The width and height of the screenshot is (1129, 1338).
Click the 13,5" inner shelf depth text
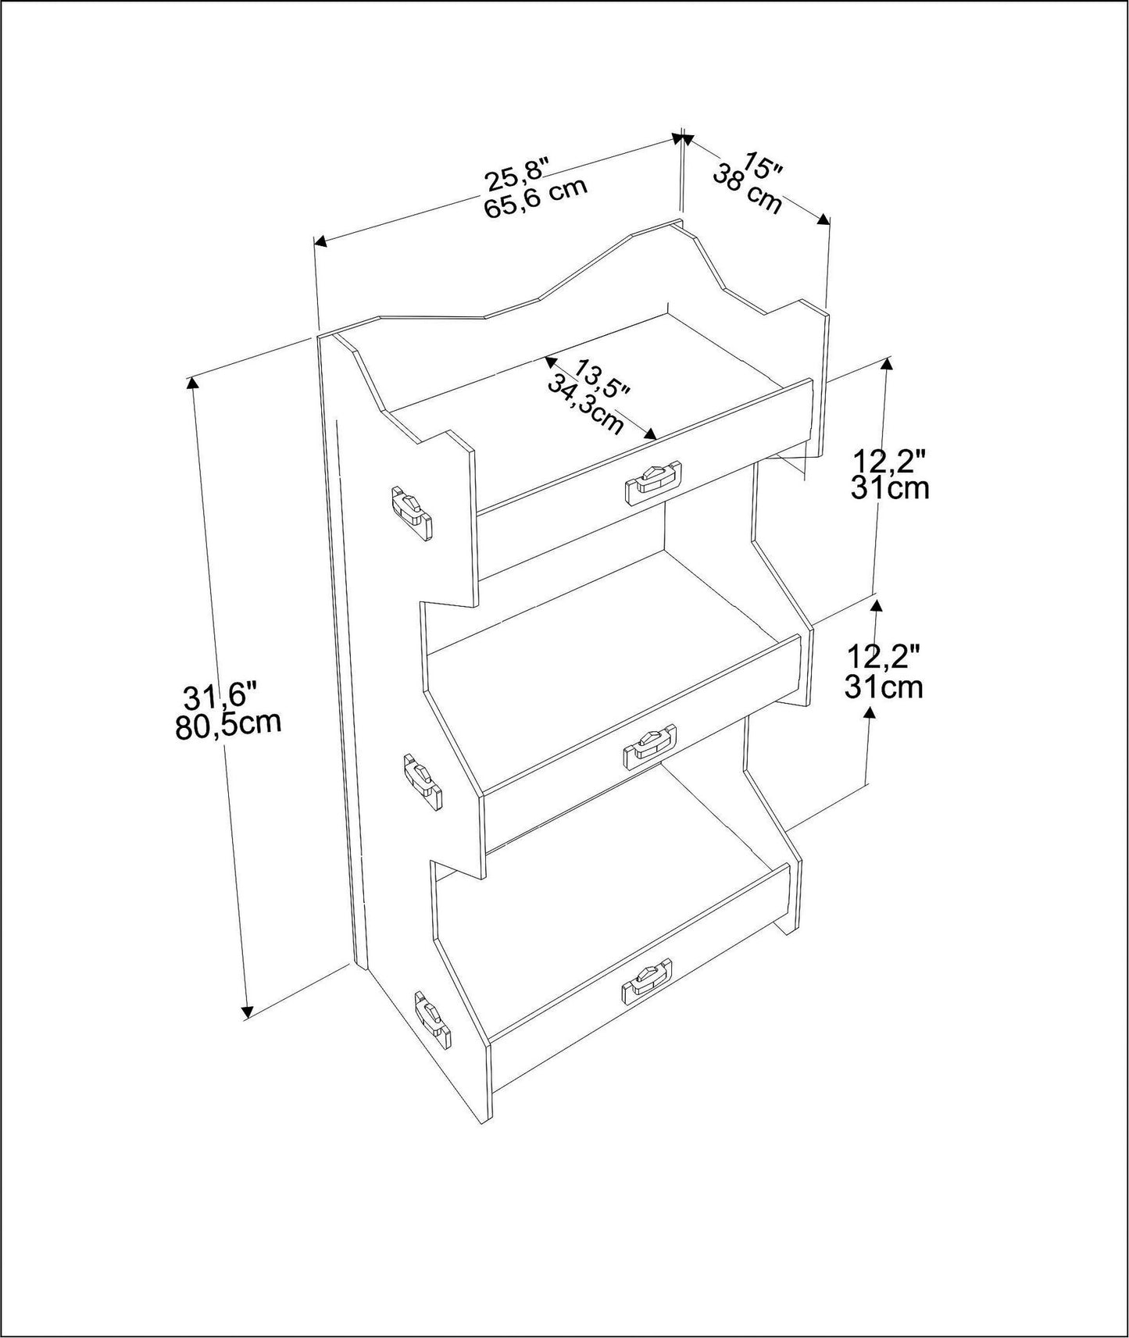tap(602, 378)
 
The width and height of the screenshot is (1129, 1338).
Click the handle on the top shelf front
tap(654, 482)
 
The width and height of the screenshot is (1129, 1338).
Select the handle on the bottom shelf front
tap(646, 981)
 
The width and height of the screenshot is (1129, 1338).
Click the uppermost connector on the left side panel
tap(412, 513)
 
